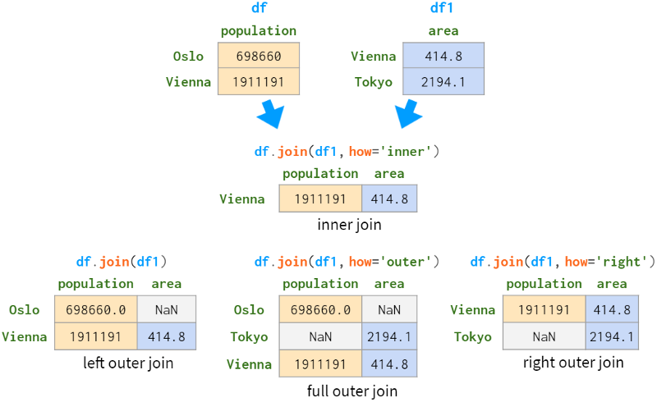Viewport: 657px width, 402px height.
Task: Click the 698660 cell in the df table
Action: click(x=258, y=57)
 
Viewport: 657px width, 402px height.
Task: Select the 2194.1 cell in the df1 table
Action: click(x=443, y=81)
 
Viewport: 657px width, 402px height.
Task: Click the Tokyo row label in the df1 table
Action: click(x=374, y=81)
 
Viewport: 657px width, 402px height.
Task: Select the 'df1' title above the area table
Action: click(x=443, y=8)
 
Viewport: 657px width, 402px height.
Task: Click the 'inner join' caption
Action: click(x=349, y=224)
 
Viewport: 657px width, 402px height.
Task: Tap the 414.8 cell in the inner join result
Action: click(x=389, y=199)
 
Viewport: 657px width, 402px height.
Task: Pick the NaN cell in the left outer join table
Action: click(x=168, y=309)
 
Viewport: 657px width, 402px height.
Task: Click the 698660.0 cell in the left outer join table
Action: click(x=95, y=309)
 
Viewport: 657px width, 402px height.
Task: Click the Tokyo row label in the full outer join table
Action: click(x=247, y=336)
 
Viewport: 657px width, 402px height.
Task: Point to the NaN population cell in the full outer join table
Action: click(x=319, y=336)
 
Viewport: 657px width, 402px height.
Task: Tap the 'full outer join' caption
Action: click(x=351, y=391)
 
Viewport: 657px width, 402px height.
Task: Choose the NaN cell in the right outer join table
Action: click(x=544, y=336)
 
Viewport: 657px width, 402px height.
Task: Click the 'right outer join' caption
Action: click(x=573, y=362)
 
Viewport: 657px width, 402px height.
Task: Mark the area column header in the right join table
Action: click(x=612, y=284)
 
